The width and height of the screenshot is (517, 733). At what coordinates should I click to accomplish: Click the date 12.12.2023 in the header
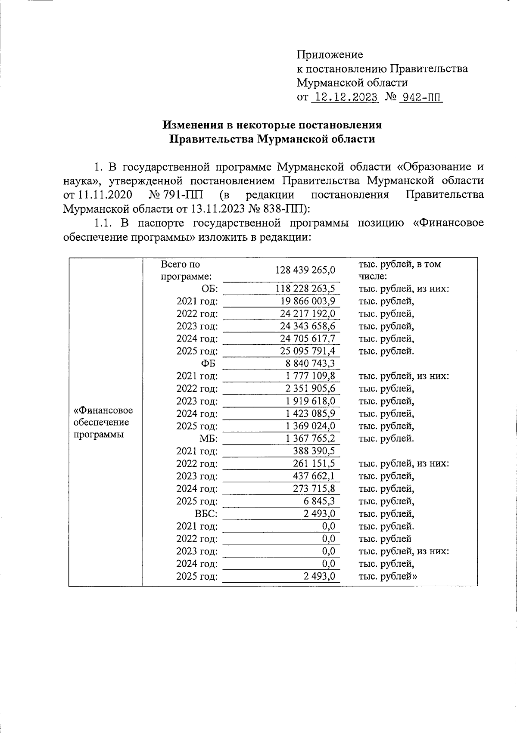[x=344, y=97]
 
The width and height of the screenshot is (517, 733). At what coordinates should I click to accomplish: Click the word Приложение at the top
[x=330, y=55]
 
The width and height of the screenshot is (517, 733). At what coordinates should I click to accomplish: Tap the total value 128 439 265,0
[x=305, y=270]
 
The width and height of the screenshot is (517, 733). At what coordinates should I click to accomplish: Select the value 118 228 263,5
[x=305, y=289]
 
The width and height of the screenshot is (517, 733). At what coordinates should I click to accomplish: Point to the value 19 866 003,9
[x=308, y=301]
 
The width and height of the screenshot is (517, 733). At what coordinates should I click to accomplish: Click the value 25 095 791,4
[x=308, y=351]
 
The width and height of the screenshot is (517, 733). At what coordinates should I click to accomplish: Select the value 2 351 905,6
[x=310, y=388]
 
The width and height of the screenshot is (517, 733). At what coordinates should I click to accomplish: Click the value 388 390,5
[x=313, y=451]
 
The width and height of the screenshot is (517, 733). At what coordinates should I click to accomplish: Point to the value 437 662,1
[x=313, y=476]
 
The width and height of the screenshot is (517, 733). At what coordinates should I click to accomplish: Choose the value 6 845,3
[x=319, y=501]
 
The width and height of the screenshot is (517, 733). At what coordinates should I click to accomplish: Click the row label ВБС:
[x=206, y=514]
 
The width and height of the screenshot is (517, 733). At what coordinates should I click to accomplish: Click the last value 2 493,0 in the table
[x=319, y=576]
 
